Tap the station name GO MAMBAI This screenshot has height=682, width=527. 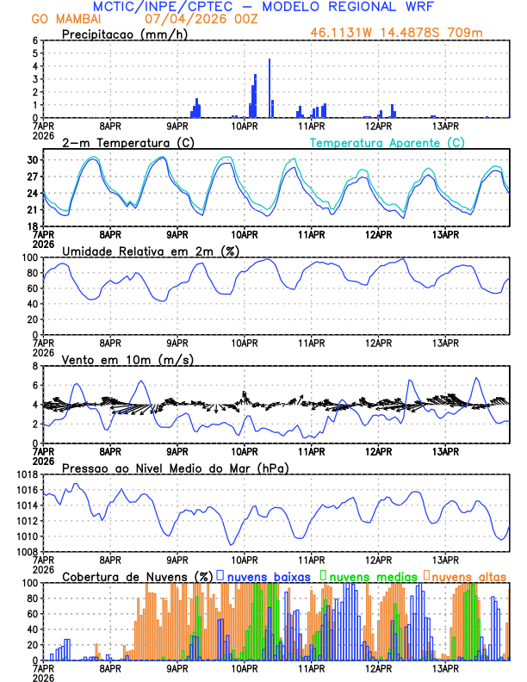(65, 19)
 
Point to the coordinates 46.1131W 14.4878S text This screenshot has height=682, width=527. (393, 34)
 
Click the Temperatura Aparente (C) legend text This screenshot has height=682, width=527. (387, 142)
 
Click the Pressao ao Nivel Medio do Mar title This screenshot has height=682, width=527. (175, 468)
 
